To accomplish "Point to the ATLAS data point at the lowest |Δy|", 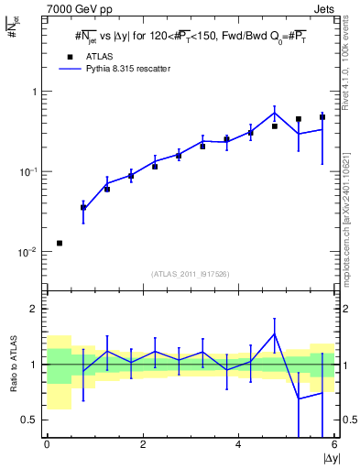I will (60, 243).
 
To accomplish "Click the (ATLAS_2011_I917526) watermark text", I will (191, 274).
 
